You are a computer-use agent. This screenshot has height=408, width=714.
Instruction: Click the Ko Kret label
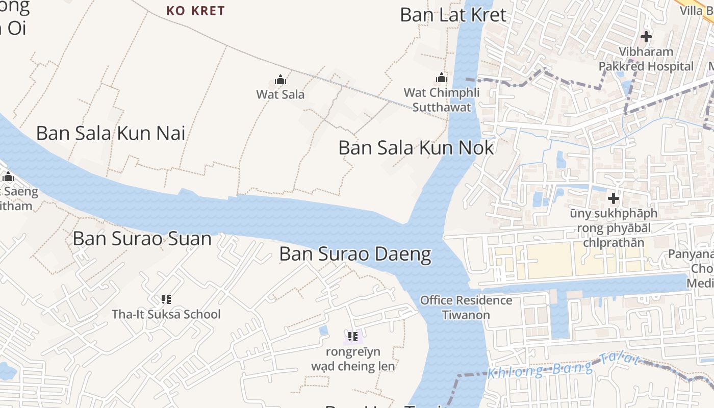[x=195, y=11]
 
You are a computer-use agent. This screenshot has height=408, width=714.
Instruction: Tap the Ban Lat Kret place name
[x=453, y=15]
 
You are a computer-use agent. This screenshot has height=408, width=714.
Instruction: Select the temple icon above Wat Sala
[x=280, y=80]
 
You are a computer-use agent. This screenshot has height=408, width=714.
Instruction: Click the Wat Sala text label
[x=280, y=94]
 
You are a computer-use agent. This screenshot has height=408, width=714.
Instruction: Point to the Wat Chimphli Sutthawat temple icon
[x=442, y=78]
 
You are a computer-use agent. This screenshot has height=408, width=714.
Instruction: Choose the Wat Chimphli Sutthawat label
[x=442, y=100]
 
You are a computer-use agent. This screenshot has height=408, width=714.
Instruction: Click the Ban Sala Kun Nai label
[x=111, y=133]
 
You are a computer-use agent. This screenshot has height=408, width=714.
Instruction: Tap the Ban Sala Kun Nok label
[x=416, y=148]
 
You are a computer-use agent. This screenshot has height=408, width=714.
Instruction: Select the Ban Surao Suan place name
[x=142, y=239]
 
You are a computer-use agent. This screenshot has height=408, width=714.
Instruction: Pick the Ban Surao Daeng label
[x=355, y=254]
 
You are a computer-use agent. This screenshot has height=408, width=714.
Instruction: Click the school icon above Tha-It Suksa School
[x=166, y=299]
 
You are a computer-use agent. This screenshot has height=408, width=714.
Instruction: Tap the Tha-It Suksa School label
[x=166, y=314]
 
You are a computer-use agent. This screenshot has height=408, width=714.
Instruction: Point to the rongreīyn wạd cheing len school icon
[x=353, y=337]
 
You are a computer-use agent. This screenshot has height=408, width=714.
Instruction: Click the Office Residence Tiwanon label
[x=466, y=308]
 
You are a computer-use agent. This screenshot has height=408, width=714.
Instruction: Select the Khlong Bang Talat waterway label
[x=563, y=367]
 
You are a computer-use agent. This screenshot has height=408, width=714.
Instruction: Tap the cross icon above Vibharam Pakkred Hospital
[x=646, y=37]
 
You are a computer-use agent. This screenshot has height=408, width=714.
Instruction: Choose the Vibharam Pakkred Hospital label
[x=646, y=59]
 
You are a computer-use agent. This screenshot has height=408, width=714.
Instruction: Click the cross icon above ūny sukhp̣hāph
[x=614, y=198]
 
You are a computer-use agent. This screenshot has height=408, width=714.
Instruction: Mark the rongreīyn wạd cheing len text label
[x=353, y=359]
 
